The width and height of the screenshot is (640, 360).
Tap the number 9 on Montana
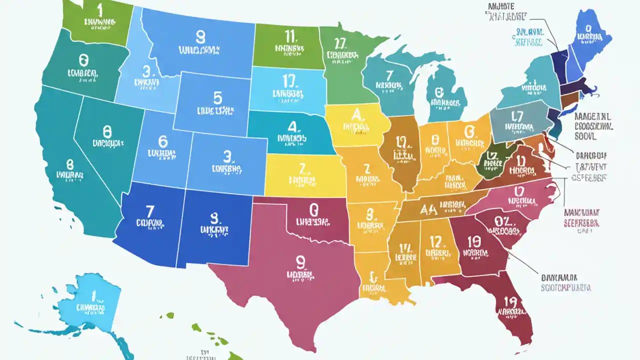point(200,36)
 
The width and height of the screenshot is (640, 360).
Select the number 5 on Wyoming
point(217,96)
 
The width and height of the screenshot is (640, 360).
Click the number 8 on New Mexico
point(214,217)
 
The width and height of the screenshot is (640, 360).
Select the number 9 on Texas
point(300,261)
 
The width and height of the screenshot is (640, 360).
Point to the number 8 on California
point(69,164)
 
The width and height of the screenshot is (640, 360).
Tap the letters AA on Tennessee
point(429,208)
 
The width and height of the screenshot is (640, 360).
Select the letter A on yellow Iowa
point(356,115)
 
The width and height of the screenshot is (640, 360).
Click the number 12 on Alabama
point(435,242)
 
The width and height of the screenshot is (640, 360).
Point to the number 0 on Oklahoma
point(313,208)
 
